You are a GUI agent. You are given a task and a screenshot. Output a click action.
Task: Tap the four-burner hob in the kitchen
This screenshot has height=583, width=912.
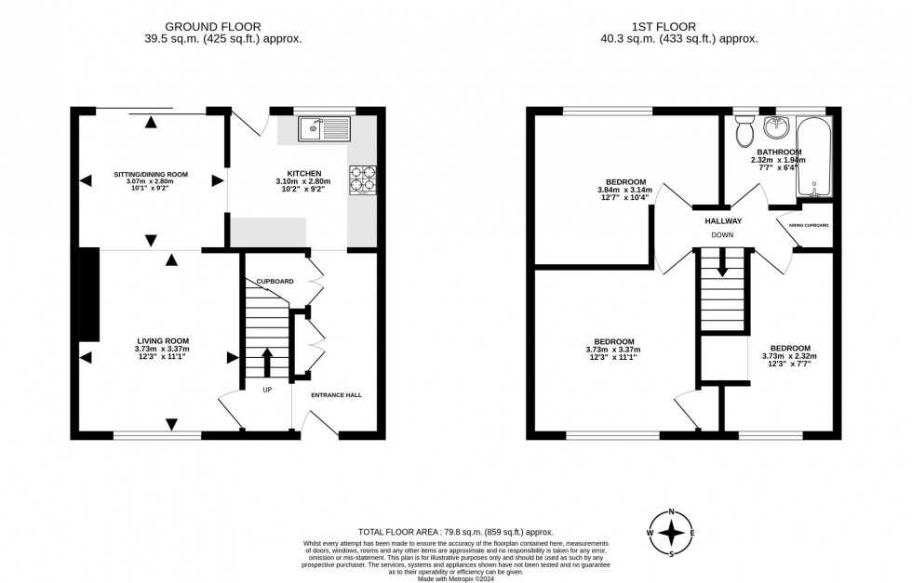point(362,179)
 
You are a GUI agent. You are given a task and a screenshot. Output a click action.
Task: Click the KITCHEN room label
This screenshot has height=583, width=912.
point(304,173)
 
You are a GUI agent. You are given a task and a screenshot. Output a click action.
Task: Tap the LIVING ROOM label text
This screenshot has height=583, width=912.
point(164,340)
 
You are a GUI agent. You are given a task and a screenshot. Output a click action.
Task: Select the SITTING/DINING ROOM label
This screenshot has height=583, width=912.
point(151,174)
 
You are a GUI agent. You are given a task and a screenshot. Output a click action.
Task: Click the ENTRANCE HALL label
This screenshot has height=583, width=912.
point(336,394)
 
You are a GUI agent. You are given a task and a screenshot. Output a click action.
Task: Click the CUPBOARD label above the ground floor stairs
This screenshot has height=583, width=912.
point(275,281)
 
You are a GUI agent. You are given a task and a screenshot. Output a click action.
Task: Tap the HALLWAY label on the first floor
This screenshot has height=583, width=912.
point(723,221)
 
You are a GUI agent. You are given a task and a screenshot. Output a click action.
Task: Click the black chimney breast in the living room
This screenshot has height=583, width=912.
point(89,295)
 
